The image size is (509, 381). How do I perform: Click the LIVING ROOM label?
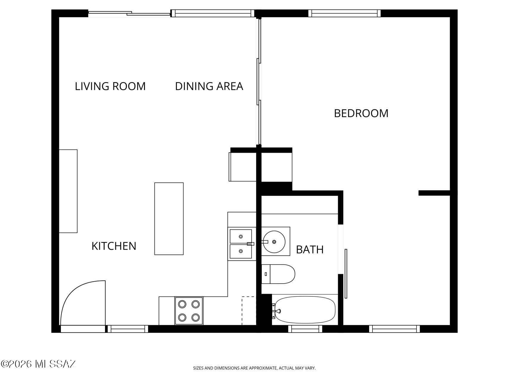110,86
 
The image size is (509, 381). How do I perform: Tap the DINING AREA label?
209,86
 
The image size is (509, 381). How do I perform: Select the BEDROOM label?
361,113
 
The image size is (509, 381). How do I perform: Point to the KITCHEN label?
114,246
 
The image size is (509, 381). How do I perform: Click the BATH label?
310,249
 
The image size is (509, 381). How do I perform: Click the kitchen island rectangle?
169,219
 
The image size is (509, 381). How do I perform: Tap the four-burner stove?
189,311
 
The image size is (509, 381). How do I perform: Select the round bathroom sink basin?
274,242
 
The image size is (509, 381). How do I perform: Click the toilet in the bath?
278,274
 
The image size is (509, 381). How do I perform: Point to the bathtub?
305,310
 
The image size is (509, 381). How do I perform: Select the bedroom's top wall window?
344,13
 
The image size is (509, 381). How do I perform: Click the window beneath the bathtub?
305,329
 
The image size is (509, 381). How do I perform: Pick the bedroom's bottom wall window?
394,329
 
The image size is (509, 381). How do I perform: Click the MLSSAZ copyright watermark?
39,364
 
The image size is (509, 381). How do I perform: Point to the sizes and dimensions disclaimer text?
254,368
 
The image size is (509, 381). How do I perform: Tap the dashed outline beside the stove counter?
249,311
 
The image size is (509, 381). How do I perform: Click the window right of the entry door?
128,329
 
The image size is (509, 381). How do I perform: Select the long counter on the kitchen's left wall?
68,191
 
